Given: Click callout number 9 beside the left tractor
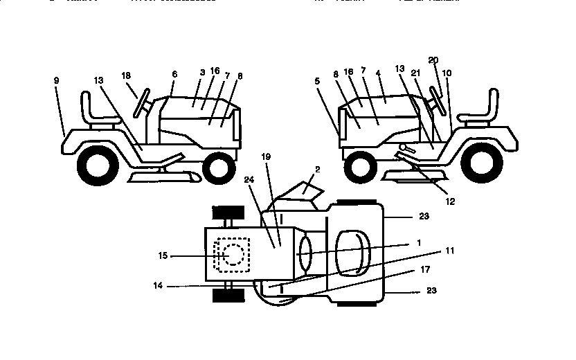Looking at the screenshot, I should pyautogui.click(x=56, y=81).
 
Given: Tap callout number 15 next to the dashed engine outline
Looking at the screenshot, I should pyautogui.click(x=163, y=255).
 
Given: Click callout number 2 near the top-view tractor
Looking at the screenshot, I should pyautogui.click(x=318, y=169).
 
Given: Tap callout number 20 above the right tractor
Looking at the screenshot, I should pyautogui.click(x=433, y=61).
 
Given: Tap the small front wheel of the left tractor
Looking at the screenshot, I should pyautogui.click(x=219, y=167).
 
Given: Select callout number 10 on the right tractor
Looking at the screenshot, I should pyautogui.click(x=447, y=72).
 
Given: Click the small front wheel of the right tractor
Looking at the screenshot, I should pyautogui.click(x=359, y=165).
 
